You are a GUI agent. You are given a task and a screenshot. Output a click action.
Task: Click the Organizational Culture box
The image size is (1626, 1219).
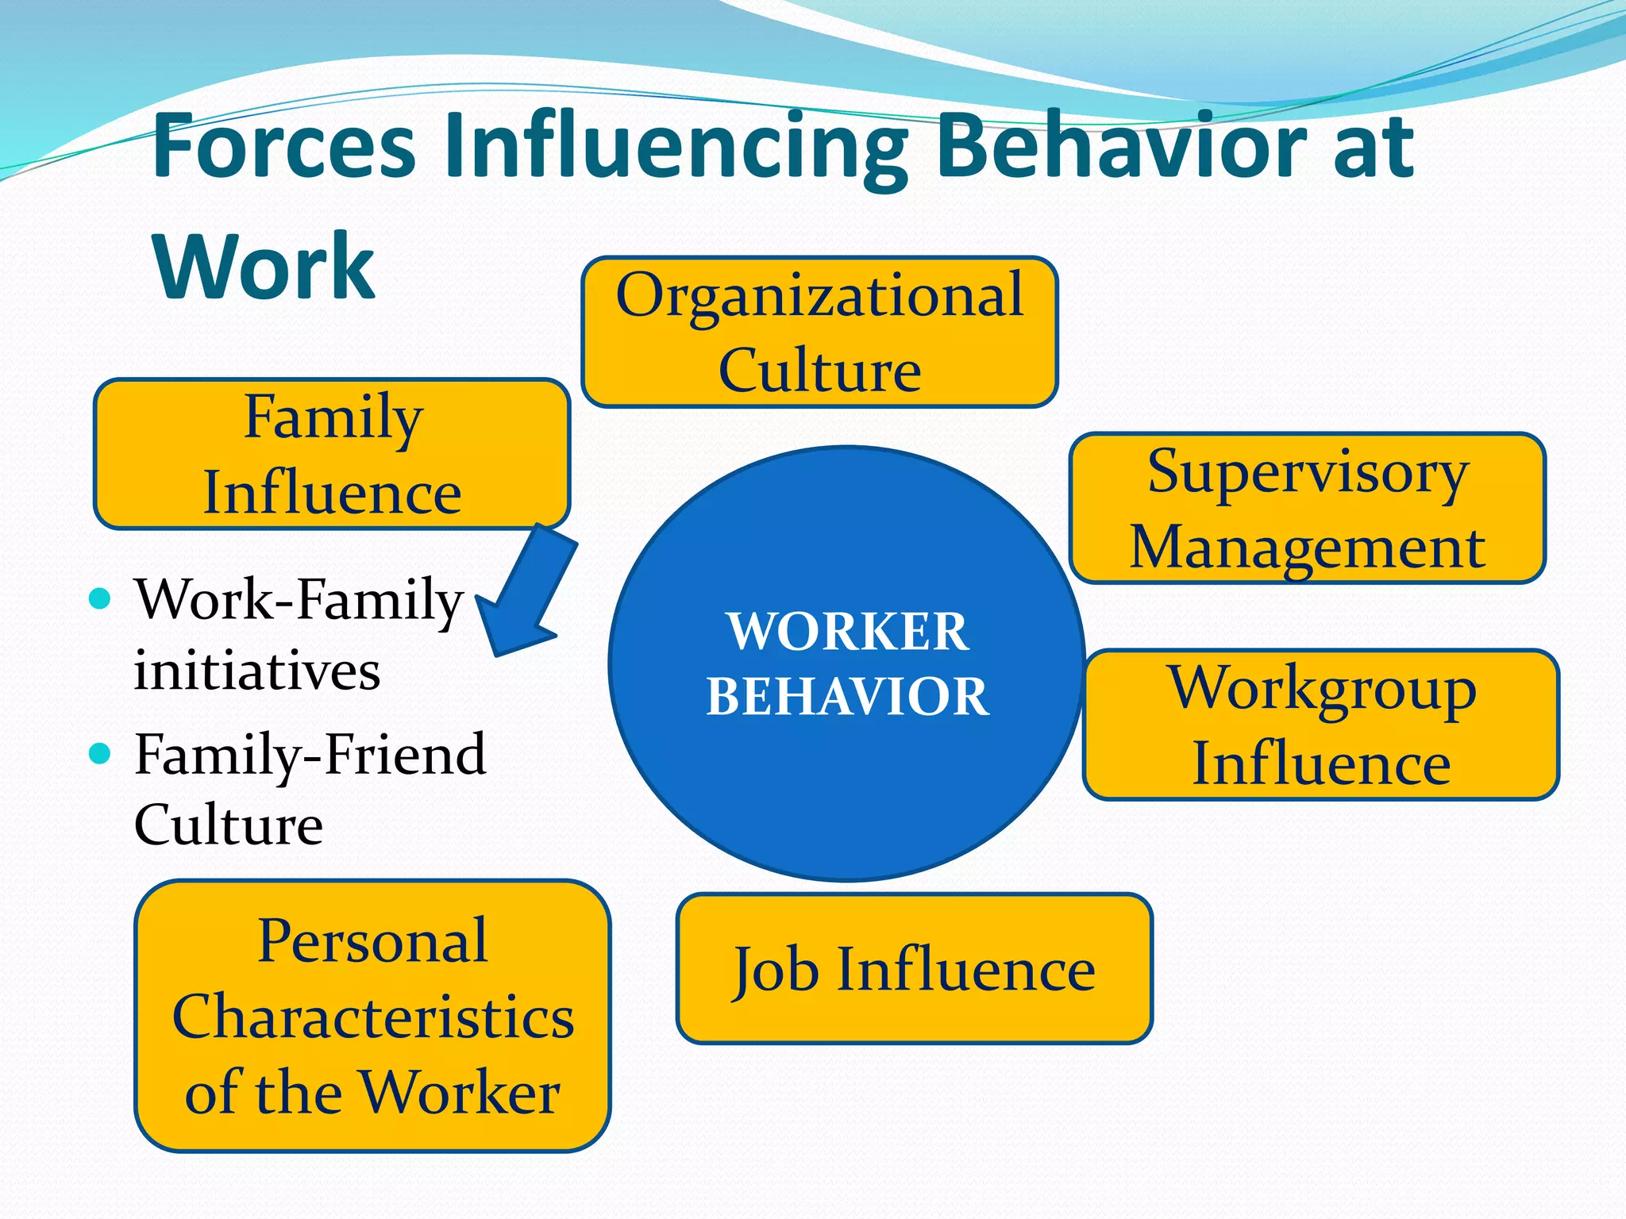point(819,332)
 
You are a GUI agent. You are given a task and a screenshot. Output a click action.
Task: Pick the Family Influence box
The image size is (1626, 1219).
point(332,454)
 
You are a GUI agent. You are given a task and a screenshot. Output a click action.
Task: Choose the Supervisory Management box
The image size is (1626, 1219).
point(1307,508)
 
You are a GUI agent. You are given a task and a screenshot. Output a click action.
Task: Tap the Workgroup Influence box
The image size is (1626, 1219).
point(1321,725)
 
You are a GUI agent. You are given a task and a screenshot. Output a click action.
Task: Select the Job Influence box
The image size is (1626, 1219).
point(914,969)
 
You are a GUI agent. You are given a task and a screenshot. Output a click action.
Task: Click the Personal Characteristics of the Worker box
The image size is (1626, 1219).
point(372,1016)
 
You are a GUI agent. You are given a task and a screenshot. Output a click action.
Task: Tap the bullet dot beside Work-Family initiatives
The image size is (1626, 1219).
point(100,598)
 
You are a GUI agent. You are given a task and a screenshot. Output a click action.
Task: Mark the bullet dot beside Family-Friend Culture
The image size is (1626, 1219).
point(100,753)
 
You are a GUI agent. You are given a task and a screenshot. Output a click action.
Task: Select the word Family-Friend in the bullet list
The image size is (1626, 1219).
point(310,753)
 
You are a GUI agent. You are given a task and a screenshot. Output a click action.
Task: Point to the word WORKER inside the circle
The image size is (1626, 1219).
point(847,632)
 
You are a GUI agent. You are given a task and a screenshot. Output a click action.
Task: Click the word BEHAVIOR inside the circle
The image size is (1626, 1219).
point(847,696)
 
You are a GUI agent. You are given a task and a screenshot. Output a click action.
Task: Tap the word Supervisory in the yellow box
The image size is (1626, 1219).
point(1307,472)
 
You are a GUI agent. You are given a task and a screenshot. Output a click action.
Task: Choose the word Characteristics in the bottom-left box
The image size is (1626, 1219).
point(372,1017)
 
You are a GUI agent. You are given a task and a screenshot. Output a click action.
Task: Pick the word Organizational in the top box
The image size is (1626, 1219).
point(819,295)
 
